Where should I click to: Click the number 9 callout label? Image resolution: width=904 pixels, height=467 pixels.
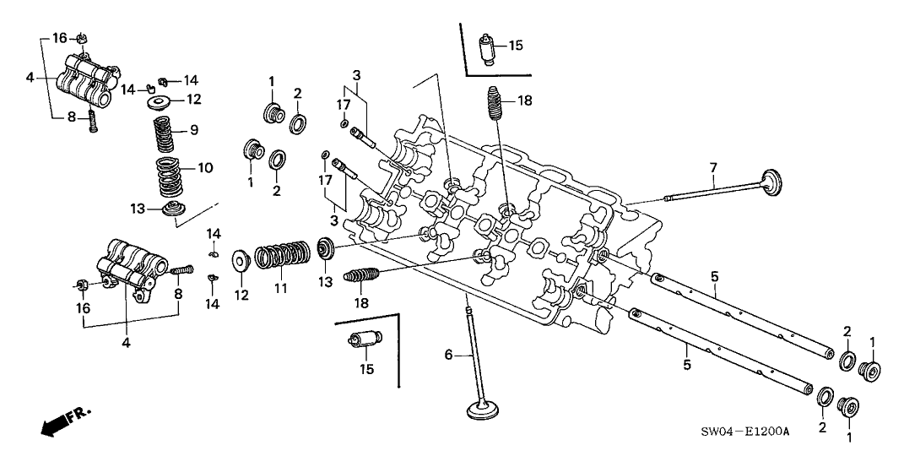click(x=193, y=129)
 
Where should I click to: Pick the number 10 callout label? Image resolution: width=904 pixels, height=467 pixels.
click(x=205, y=167)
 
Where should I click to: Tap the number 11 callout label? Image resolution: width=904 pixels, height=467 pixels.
click(x=280, y=289)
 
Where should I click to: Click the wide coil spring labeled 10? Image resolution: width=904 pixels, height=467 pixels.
click(x=173, y=174)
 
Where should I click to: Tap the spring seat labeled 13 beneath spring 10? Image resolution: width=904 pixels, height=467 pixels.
click(x=174, y=209)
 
